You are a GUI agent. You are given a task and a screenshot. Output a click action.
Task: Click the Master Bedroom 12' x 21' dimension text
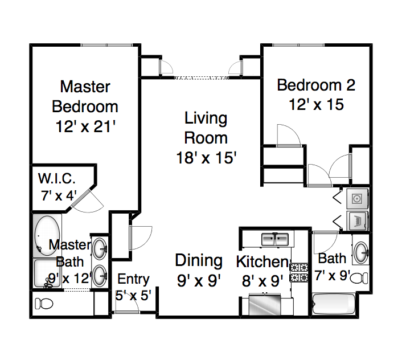tap(85, 126)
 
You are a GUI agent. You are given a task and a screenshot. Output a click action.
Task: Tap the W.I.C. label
tap(57, 178)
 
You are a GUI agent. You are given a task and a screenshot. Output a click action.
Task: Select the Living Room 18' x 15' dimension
tap(206, 157)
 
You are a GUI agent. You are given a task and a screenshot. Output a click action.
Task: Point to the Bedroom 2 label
tap(316, 85)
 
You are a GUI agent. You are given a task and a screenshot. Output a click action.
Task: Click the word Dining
tap(199, 261)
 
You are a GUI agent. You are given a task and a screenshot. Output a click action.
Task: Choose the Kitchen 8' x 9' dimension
tap(262, 281)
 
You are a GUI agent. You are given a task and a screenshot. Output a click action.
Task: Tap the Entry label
tap(133, 279)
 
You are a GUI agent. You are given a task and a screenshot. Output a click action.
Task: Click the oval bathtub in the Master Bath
tap(47, 235)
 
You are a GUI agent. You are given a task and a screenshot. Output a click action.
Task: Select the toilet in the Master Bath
tap(44, 304)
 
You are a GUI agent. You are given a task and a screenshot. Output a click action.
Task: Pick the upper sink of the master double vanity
tap(100, 249)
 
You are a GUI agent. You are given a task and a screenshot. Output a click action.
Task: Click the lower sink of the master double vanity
tap(100, 276)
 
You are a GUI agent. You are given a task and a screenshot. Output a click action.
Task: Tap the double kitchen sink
tap(275, 239)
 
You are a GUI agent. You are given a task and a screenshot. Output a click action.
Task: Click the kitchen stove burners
tap(299, 273)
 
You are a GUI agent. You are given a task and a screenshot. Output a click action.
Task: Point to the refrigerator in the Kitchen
tap(265, 305)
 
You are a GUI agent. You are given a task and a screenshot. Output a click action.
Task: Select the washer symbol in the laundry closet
tap(358, 198)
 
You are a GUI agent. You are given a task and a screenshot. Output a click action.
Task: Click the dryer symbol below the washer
tap(358, 220)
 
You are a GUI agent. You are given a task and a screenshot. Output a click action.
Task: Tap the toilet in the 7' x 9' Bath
tap(359, 278)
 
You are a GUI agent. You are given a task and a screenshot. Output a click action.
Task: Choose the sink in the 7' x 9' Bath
tap(361, 252)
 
